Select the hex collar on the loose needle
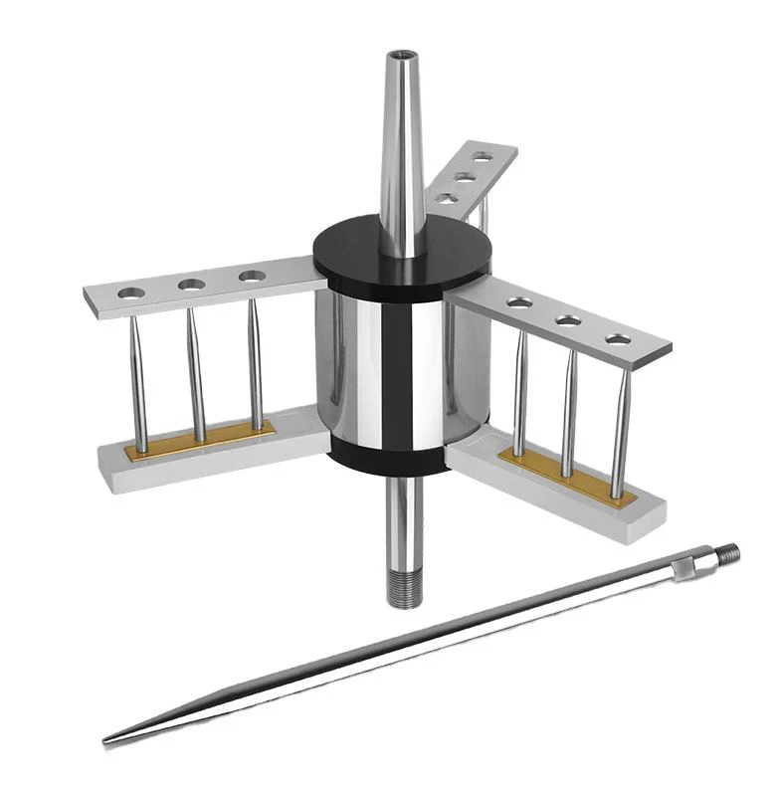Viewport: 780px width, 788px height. pos(684,568)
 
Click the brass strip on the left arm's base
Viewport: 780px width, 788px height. pos(199,441)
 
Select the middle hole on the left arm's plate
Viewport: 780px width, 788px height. pos(191,285)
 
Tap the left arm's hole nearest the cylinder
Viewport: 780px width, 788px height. pos(253,275)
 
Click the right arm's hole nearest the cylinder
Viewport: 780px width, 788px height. pos(517,302)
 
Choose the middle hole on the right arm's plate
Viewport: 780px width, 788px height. pos(568,320)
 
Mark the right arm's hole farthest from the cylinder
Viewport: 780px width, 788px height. pos(618,339)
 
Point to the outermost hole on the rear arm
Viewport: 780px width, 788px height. pos(483,157)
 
